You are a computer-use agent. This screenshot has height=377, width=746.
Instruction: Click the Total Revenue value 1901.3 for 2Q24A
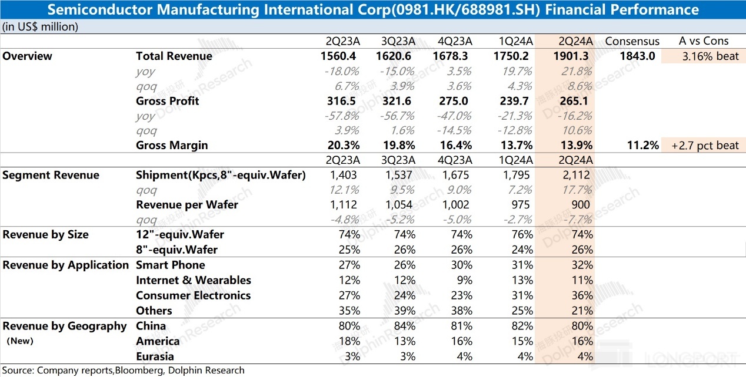point(570,56)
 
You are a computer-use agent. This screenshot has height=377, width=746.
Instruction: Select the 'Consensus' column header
point(632,41)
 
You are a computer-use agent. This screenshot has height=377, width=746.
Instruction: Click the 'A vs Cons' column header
point(704,41)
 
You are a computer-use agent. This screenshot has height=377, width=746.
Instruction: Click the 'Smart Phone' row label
point(170,265)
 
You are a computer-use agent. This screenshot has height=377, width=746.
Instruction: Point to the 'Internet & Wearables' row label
point(193,280)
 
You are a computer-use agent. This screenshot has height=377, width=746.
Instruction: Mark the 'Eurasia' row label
point(155,356)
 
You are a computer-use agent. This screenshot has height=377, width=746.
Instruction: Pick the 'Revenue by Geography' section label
point(64,326)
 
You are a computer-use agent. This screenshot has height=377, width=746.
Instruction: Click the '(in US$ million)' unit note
point(39,26)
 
